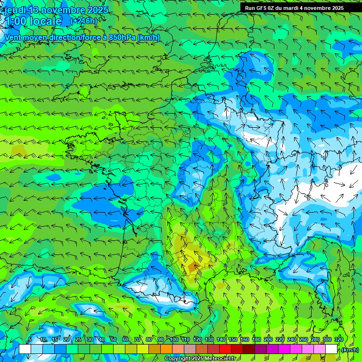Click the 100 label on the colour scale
click(174, 339)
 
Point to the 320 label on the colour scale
click(338, 339)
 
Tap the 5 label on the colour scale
click(30, 339)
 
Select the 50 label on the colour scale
click(114, 339)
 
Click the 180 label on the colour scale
click(256, 339)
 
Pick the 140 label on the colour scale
click(221, 339)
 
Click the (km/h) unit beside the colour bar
click(349, 349)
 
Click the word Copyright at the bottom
click(177, 359)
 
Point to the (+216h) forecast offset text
click(83, 21)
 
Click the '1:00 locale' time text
click(33, 21)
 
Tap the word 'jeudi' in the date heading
click(15, 10)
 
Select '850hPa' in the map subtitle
click(122, 37)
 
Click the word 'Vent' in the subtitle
click(13, 37)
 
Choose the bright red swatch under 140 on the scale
click(225, 349)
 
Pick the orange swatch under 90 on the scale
click(166, 349)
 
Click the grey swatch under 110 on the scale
click(190, 349)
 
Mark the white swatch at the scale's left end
click(25, 349)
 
